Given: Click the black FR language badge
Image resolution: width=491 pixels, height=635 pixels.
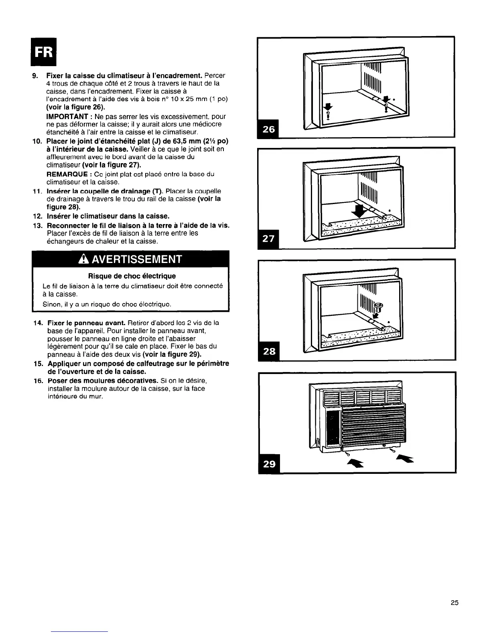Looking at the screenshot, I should click(45, 52).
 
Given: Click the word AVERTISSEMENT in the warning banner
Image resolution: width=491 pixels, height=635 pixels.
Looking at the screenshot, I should click(137, 259).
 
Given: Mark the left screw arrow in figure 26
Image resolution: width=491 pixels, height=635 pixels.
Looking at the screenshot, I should click(329, 107).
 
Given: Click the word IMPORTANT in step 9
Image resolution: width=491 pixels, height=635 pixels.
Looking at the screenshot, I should click(67, 116).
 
